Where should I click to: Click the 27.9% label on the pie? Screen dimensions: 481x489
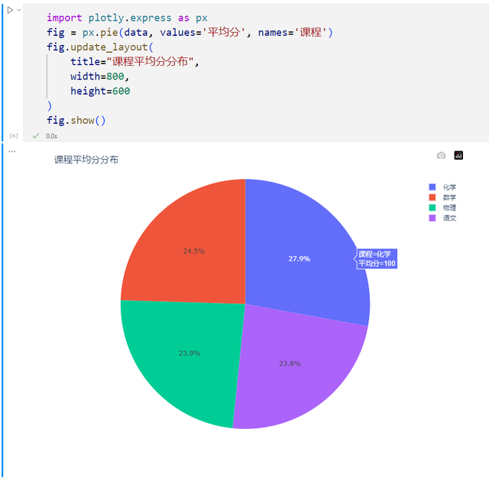click(x=299, y=259)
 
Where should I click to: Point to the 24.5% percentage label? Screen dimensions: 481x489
click(x=193, y=251)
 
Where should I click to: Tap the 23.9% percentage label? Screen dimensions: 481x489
click(x=189, y=353)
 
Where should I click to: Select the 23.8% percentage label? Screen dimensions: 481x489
click(x=290, y=364)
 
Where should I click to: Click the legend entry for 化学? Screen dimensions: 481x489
click(x=449, y=187)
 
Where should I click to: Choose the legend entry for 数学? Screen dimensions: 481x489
click(x=449, y=197)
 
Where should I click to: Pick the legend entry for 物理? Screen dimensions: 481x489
click(x=449, y=208)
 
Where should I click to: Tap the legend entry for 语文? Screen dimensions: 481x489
click(x=449, y=218)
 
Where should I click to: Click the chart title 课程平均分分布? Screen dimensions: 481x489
click(x=86, y=160)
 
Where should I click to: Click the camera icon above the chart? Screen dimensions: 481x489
click(x=441, y=155)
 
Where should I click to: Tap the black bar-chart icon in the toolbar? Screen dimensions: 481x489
click(x=458, y=155)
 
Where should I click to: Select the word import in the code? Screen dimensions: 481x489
click(x=64, y=17)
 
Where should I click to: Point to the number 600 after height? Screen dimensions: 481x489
click(x=118, y=91)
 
